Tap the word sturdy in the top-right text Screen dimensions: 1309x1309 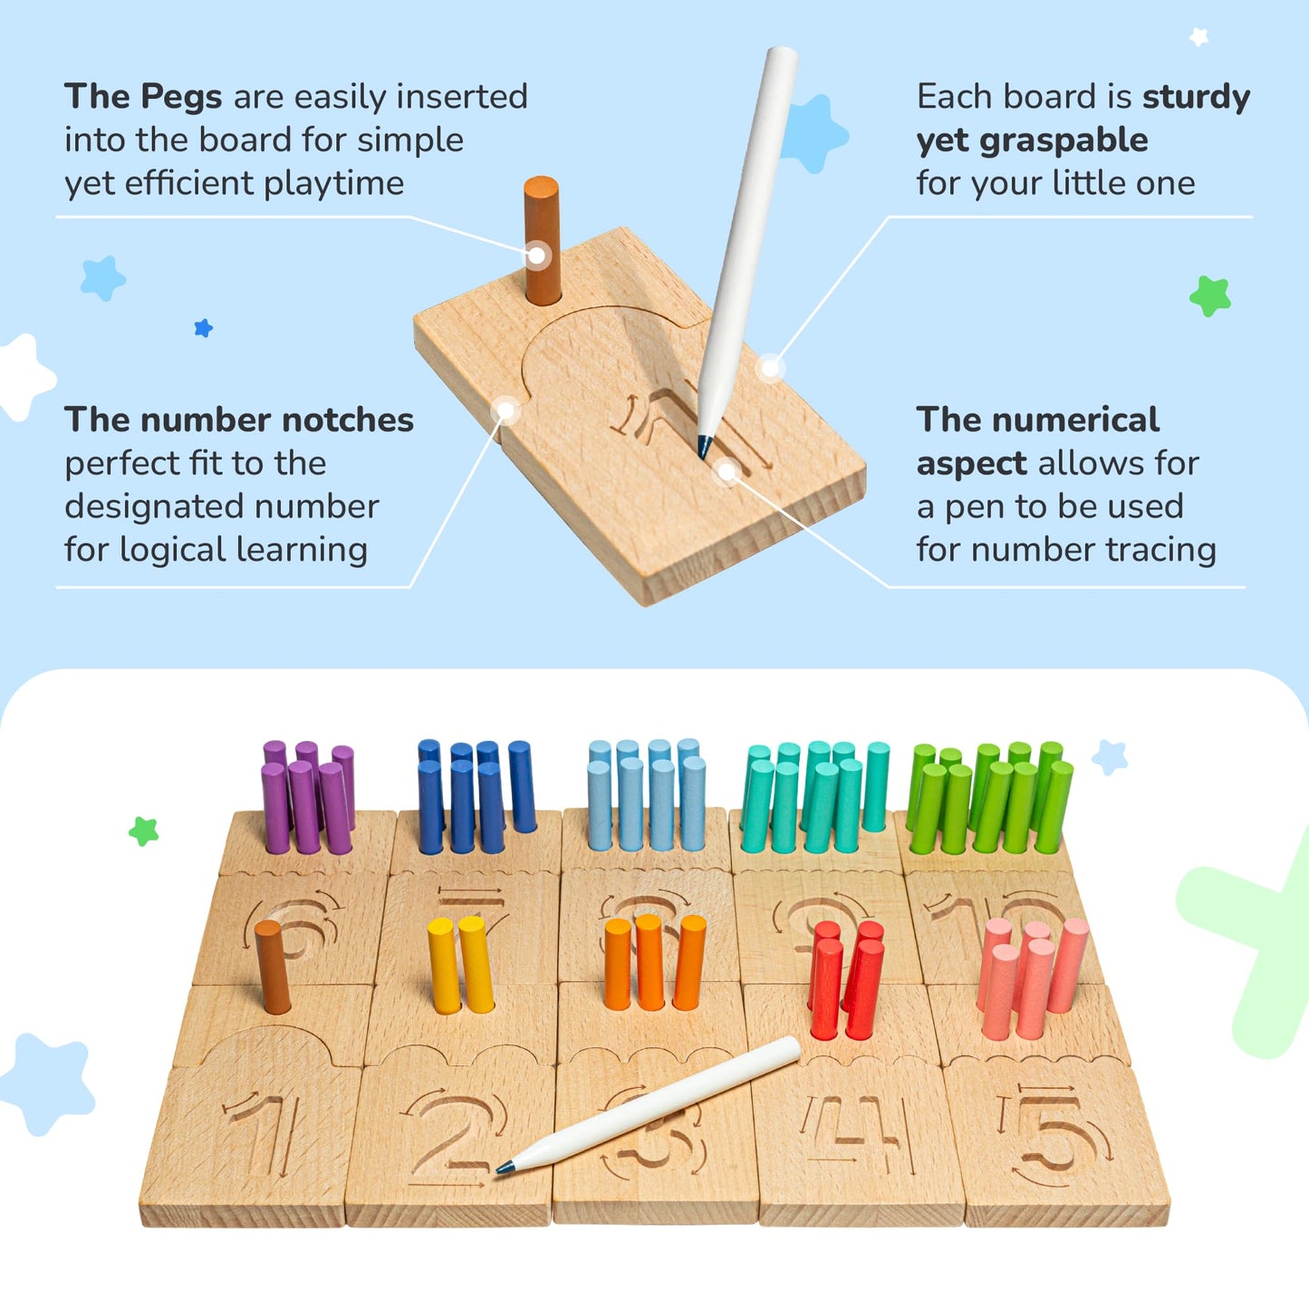tap(1196, 97)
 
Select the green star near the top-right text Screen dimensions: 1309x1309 tap(1210, 295)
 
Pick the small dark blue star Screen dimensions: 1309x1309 tap(204, 328)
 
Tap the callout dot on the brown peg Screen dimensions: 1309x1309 tap(537, 255)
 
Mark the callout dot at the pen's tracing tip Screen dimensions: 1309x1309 tap(727, 471)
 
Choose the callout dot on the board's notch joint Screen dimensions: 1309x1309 tap(506, 412)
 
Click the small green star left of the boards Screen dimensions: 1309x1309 tap(143, 831)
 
